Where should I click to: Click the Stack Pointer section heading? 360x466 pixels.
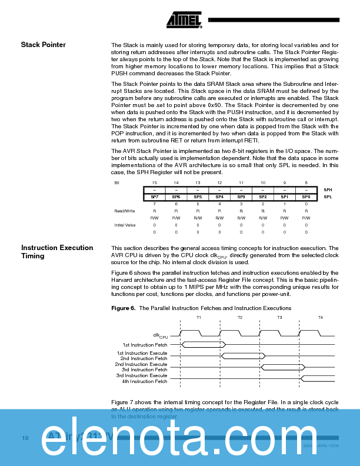44,45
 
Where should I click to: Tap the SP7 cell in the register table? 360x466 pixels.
155,197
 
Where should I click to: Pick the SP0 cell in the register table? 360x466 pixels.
306,197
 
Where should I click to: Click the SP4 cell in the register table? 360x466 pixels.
219,197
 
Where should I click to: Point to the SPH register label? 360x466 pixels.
328,189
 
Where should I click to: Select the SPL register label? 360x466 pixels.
328,197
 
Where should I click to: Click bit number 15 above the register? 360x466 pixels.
155,183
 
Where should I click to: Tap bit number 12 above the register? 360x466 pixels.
219,183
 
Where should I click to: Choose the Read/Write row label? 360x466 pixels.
124,210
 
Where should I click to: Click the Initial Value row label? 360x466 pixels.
125,225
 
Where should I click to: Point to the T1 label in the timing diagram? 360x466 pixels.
199,317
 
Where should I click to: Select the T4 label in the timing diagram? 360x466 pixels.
321,317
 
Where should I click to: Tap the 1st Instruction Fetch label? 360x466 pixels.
145,344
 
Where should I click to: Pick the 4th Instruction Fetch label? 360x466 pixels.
145,381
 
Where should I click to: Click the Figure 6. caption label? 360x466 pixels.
124,308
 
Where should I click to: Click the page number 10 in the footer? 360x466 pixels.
25,438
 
